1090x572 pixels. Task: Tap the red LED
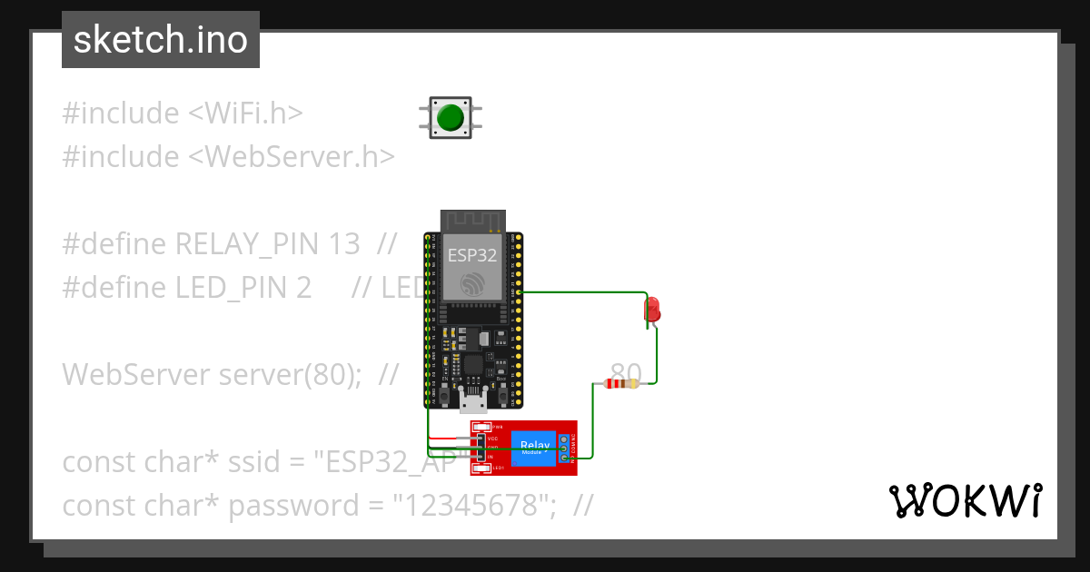pyautogui.click(x=652, y=309)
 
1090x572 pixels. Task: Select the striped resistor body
pyautogui.click(x=621, y=384)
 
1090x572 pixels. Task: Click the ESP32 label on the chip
pyautogui.click(x=472, y=255)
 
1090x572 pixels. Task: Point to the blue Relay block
pyautogui.click(x=533, y=448)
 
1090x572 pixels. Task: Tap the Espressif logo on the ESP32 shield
pyautogui.click(x=472, y=284)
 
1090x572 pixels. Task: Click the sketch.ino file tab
pyautogui.click(x=161, y=40)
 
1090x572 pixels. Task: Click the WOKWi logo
pyautogui.click(x=965, y=501)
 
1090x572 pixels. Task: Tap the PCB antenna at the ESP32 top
pyautogui.click(x=472, y=221)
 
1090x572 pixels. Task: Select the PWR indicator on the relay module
pyautogui.click(x=482, y=427)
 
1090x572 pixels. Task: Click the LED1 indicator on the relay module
pyautogui.click(x=482, y=468)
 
